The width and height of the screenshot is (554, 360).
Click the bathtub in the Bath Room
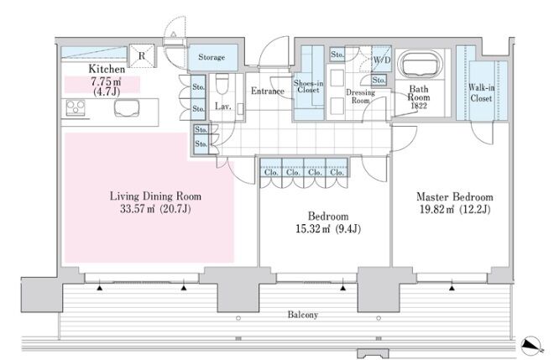point(420,65)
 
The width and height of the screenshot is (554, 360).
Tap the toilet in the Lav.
point(222,83)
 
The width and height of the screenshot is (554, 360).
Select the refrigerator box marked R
point(142,55)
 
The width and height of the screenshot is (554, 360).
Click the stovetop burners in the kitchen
point(76,107)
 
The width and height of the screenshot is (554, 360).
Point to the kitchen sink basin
point(127,107)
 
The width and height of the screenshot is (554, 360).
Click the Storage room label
point(212,57)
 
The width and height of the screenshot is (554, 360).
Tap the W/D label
point(382,60)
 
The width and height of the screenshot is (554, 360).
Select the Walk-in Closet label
point(481,92)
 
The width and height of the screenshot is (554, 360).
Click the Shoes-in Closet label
point(308,86)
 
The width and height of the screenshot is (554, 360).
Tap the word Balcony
point(302,315)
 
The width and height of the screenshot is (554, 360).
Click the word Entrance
point(268,91)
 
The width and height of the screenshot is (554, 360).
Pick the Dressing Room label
point(360,97)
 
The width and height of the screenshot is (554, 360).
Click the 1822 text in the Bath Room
point(419,106)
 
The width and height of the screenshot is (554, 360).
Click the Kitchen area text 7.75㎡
point(107,81)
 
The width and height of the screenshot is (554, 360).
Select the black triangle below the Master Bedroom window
point(452,289)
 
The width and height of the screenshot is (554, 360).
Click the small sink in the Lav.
point(240,108)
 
